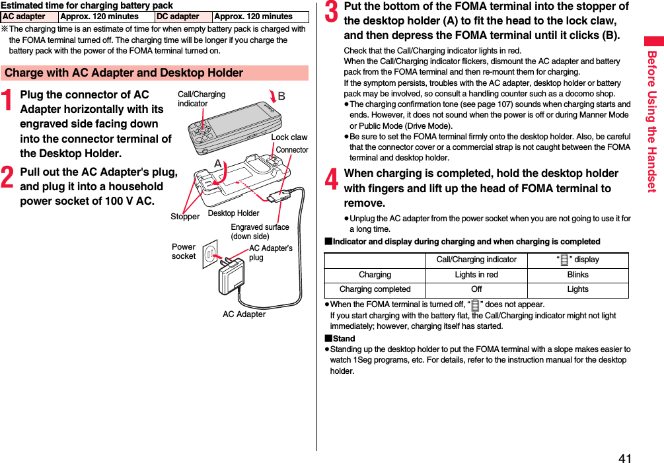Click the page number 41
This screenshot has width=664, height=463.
click(624, 458)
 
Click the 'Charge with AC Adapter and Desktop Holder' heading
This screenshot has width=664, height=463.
click(124, 73)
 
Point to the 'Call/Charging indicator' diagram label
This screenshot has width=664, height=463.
click(201, 99)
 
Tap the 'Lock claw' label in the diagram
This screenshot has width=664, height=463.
click(289, 137)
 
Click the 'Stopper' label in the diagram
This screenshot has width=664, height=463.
click(185, 217)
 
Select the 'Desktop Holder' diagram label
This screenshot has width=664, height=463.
click(233, 213)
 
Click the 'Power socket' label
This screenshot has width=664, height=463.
click(184, 252)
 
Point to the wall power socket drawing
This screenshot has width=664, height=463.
click(210, 253)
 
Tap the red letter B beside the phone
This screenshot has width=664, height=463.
click(281, 96)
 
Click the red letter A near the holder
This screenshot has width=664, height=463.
click(217, 162)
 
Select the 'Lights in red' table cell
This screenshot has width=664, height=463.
click(476, 275)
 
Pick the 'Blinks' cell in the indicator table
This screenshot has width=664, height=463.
click(577, 275)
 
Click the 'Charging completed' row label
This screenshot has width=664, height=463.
click(375, 289)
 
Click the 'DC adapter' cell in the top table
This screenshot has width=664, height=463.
click(178, 17)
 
